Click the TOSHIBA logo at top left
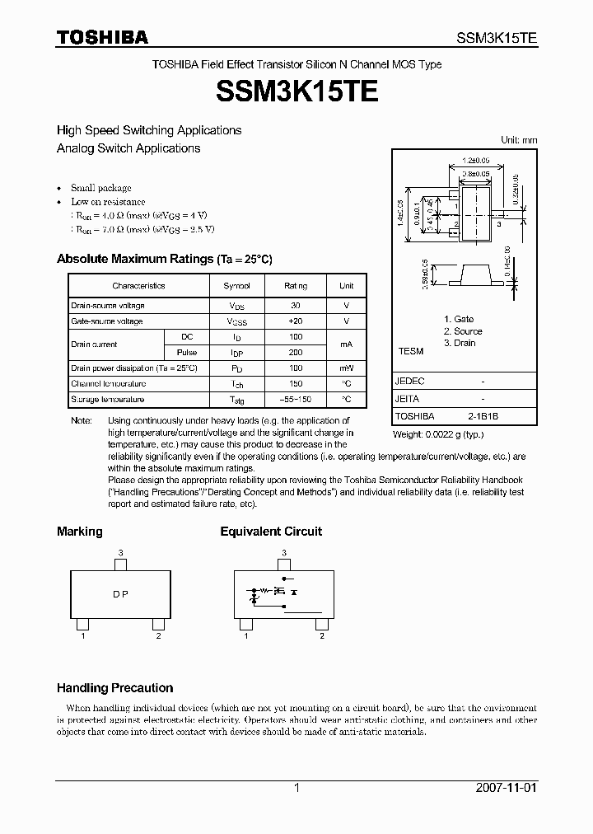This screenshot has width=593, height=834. pyautogui.click(x=102, y=37)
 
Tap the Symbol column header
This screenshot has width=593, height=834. pyautogui.click(x=237, y=286)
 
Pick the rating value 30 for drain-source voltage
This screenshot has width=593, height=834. pyautogui.click(x=296, y=305)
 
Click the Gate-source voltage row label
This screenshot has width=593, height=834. pyautogui.click(x=107, y=321)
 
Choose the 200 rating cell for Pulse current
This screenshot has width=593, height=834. pyautogui.click(x=296, y=352)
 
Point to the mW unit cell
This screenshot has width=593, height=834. pyautogui.click(x=346, y=368)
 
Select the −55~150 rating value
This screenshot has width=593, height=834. pyautogui.click(x=296, y=399)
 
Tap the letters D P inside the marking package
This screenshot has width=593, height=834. pyautogui.click(x=120, y=595)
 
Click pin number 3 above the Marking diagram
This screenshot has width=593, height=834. pyautogui.click(x=120, y=552)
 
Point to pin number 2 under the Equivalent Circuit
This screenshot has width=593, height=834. pyautogui.click(x=322, y=635)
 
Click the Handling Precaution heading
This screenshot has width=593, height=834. pyautogui.click(x=114, y=687)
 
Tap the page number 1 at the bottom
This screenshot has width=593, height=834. pyautogui.click(x=296, y=788)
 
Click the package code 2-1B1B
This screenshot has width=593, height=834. pyautogui.click(x=483, y=416)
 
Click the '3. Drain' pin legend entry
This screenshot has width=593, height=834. pyautogui.click(x=460, y=343)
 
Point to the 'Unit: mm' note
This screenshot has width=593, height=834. pyautogui.click(x=519, y=140)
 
